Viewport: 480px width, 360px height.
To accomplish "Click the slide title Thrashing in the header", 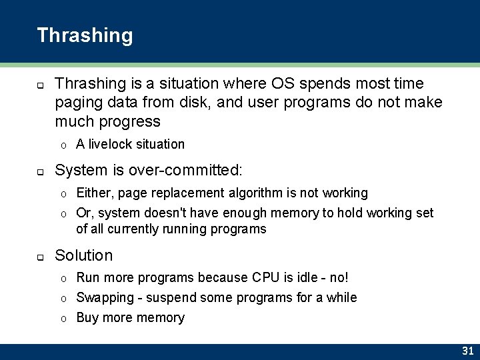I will coord(85,35).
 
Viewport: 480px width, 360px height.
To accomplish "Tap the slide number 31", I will coord(467,351).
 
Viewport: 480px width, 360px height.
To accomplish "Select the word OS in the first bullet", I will coord(282,83).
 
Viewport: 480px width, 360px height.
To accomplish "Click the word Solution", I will coord(84,255).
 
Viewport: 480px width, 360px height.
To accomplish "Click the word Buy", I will coord(87,318).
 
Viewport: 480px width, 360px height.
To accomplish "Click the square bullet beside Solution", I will coord(40,257).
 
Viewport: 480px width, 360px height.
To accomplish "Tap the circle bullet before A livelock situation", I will coord(63,145).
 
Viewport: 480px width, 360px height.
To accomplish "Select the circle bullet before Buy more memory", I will coord(63,319).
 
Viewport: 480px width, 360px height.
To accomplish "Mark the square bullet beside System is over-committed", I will coord(40,172).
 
